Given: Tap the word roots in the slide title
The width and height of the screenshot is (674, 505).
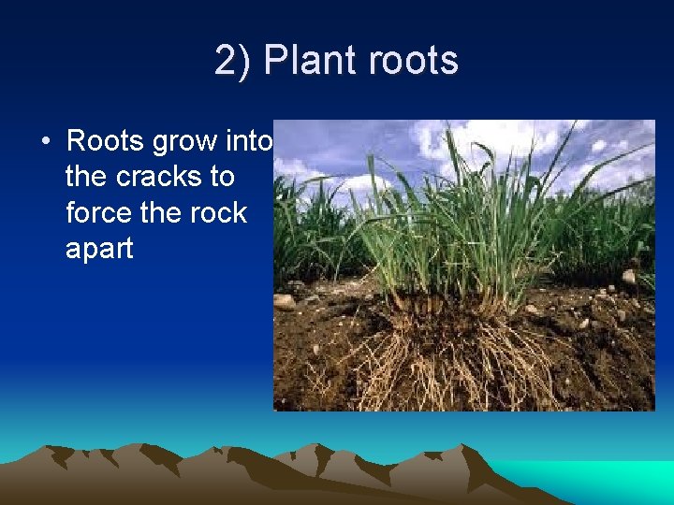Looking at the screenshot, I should [413, 61].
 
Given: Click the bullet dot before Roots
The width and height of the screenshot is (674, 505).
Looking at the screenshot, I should [45, 142].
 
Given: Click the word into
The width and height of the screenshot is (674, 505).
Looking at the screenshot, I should [249, 141].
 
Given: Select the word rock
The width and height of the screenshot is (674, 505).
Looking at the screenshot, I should [216, 212].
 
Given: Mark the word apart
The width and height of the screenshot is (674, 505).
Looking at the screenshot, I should [99, 249].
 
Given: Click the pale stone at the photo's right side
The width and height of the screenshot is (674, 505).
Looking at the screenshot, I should [628, 277].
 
